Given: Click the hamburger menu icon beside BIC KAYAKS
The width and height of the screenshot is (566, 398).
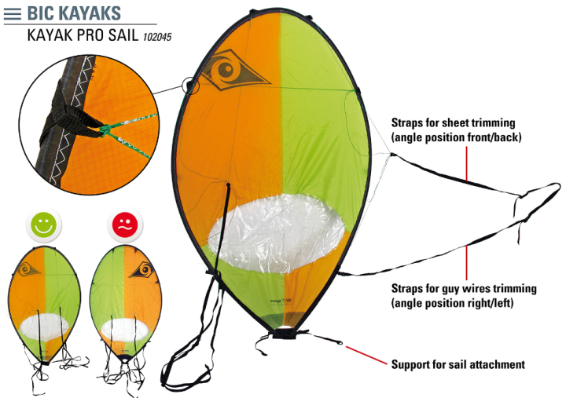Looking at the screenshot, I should click(13, 13).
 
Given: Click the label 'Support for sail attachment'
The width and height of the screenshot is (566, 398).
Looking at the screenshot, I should click(458, 364).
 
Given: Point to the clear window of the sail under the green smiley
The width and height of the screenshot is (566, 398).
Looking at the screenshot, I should click(44, 324).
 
